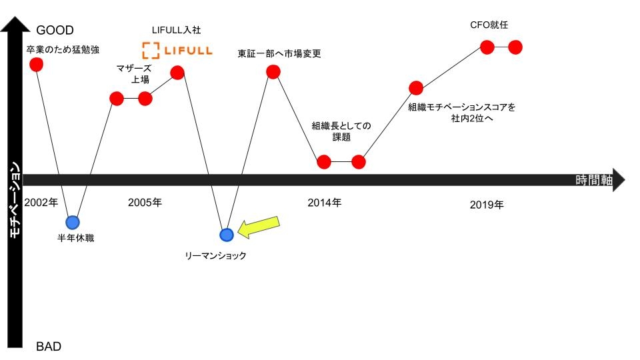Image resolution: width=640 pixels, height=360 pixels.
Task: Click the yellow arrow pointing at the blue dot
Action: [259, 227]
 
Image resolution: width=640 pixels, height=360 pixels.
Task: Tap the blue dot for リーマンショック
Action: [227, 235]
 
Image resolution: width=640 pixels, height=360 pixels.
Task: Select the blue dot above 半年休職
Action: [73, 223]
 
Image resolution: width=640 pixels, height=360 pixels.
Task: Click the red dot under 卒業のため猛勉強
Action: [36, 65]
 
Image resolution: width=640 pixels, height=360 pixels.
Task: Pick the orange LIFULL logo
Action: [177, 51]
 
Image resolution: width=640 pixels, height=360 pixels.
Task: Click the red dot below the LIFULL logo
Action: [177, 73]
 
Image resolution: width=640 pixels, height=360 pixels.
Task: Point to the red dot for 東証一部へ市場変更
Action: [273, 72]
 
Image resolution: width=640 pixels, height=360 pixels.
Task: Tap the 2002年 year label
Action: [41, 203]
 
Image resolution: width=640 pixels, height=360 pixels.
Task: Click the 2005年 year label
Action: [145, 203]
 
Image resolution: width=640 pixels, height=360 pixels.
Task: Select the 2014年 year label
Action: [325, 203]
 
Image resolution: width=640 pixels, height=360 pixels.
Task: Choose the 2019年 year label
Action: [487, 205]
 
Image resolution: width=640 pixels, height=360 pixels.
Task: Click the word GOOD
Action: [55, 30]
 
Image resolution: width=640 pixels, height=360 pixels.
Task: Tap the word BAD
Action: [49, 347]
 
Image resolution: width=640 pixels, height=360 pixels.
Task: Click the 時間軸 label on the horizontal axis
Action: [594, 180]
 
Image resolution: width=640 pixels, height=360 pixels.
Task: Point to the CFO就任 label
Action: [489, 25]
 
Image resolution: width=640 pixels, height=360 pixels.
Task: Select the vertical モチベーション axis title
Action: [15, 200]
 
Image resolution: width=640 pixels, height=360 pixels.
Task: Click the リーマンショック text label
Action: [215, 256]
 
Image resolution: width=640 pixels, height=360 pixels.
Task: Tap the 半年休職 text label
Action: [76, 238]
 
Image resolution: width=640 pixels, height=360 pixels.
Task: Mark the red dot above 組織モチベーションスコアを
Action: [416, 88]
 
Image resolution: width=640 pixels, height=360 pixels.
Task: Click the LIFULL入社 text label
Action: [176, 30]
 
